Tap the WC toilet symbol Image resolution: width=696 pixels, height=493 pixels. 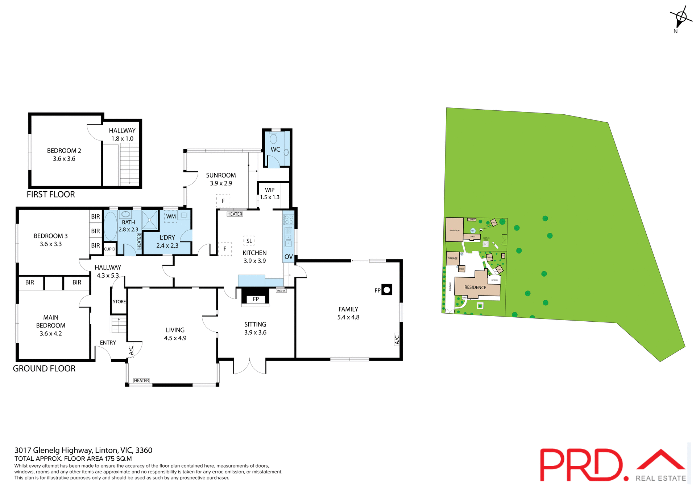[273, 138]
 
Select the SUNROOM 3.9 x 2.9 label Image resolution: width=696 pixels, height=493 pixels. [221, 179]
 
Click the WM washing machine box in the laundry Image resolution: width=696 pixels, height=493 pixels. [171, 216]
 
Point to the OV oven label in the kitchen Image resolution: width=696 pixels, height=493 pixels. [289, 257]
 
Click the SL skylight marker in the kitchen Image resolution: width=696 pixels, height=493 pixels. [249, 241]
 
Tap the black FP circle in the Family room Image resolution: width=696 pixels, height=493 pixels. [387, 290]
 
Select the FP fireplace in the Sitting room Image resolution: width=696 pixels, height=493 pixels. [256, 299]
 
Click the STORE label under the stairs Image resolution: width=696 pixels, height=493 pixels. [119, 302]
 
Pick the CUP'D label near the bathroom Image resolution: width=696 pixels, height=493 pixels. [109, 249]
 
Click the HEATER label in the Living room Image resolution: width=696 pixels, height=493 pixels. [141, 380]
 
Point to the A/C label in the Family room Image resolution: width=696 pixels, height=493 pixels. [397, 339]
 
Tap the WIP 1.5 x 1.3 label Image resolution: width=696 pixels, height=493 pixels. [270, 193]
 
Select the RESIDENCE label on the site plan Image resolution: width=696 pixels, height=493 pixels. [475, 287]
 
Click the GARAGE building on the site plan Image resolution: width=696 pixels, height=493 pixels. [453, 258]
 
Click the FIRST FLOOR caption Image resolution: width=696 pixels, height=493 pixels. [51, 194]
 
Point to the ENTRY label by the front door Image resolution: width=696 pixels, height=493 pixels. [108, 343]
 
